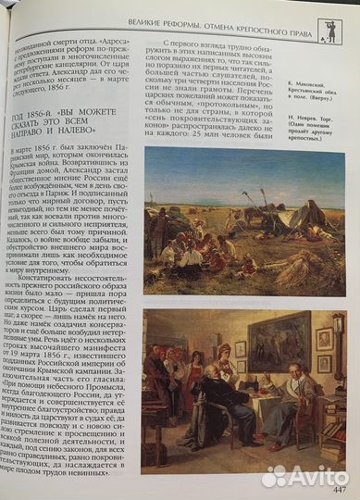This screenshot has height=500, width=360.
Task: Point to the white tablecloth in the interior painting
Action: [249, 398]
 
